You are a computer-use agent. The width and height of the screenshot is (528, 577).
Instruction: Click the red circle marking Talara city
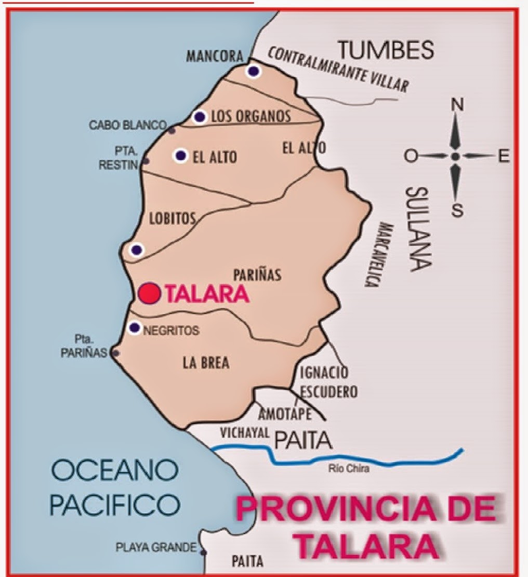pyautogui.click(x=149, y=293)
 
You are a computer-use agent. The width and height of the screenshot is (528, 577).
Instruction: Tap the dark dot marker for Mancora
pyautogui.click(x=253, y=72)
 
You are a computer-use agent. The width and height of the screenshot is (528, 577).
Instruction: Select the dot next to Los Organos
pyautogui.click(x=200, y=117)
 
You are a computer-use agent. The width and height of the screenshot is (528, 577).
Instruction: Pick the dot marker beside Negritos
pyautogui.click(x=135, y=327)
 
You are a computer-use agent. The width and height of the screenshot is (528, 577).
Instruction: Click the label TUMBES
pyautogui.click(x=386, y=50)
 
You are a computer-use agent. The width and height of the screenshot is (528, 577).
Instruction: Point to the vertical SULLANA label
pyautogui.click(x=418, y=229)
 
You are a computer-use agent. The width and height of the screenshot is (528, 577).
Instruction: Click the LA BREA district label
pyautogui.click(x=206, y=363)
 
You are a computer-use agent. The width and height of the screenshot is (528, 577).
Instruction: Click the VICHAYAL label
pyautogui.click(x=243, y=433)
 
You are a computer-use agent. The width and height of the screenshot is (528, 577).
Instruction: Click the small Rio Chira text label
pyautogui.click(x=349, y=470)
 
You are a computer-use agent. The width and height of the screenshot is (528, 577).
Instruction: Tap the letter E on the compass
pyautogui.click(x=504, y=156)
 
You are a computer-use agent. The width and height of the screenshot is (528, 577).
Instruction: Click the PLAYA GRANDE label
pyautogui.click(x=156, y=547)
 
